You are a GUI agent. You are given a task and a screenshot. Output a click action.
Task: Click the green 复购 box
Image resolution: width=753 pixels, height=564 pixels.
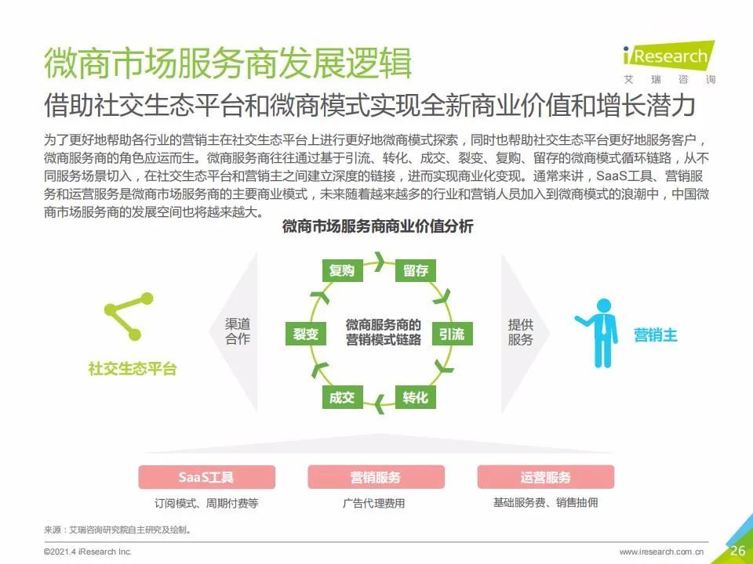(x=342, y=270)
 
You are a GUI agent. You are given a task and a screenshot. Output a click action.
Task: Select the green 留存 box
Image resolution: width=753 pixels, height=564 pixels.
(x=416, y=270)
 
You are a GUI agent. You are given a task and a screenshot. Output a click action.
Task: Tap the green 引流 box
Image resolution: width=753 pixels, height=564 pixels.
(x=452, y=334)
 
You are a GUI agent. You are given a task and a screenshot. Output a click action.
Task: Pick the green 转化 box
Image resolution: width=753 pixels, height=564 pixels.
(x=416, y=397)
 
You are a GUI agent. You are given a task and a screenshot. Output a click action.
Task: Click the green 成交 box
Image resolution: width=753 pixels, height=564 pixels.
(x=342, y=397)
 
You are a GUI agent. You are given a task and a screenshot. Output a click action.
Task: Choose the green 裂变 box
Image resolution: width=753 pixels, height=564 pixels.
(x=306, y=334)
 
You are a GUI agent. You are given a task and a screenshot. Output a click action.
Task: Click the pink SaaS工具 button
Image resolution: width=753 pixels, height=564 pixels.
(x=207, y=477)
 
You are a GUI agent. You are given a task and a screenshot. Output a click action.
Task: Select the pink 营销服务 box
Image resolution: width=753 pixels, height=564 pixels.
(x=376, y=477)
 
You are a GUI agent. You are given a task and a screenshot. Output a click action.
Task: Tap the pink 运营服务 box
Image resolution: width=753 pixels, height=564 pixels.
(x=546, y=477)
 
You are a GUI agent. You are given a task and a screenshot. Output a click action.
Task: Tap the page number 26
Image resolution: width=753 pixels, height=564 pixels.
(x=737, y=550)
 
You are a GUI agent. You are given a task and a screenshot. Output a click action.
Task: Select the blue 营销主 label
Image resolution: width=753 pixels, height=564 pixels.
(x=656, y=334)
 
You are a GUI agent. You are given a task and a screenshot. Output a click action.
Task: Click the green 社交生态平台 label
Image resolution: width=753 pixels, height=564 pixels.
(x=133, y=368)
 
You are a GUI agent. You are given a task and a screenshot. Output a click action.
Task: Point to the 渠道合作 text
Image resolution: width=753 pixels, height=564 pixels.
(x=238, y=331)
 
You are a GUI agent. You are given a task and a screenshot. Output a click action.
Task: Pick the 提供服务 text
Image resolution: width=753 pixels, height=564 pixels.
(x=521, y=332)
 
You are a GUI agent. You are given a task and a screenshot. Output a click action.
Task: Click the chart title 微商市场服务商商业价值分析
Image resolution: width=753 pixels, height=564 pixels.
(x=377, y=226)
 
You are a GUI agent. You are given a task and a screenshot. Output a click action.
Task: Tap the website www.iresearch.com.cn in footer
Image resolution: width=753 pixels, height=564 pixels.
(x=661, y=552)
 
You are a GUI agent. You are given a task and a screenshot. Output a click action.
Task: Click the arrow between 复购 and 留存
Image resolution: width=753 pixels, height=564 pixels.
(x=380, y=262)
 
